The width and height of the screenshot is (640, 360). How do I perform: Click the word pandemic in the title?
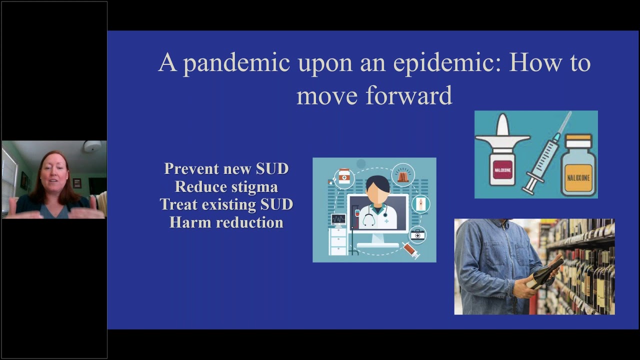click(236, 63)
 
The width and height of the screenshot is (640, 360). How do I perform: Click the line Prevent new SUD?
click(226, 168)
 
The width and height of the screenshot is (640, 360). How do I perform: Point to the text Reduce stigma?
click(226, 186)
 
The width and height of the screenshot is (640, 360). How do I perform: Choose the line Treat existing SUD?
click(226, 204)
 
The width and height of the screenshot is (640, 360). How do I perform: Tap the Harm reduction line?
click(226, 222)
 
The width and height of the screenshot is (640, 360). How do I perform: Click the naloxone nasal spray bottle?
click(501, 160)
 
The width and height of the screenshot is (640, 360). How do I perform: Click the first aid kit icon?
click(417, 234)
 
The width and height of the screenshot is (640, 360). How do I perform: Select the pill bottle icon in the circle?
click(344, 176)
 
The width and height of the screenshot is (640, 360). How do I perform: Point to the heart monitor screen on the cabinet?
click(338, 219)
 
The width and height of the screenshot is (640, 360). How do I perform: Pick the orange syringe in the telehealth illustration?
click(411, 249)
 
